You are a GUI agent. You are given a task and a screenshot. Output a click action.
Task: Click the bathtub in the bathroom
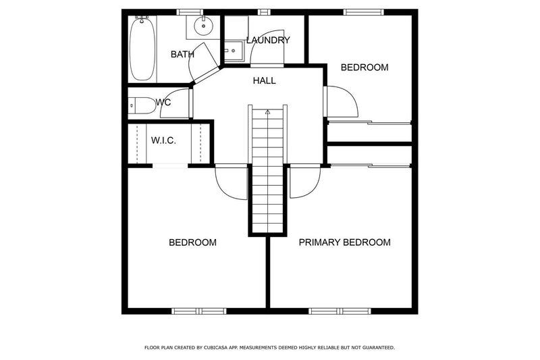pyautogui.click(x=142, y=48)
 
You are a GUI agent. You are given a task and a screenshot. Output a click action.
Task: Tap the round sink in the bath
pyautogui.click(x=204, y=26)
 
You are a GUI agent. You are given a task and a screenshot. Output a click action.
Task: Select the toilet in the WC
pyautogui.click(x=142, y=105)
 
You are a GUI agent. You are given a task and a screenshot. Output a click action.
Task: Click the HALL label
pyautogui.click(x=264, y=80)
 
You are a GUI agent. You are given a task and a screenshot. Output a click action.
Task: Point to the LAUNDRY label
pyautogui.click(x=268, y=41)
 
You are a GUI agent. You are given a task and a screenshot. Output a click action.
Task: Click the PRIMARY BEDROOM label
pyautogui.click(x=344, y=242)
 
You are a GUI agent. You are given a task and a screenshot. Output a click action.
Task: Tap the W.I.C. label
pyautogui.click(x=163, y=140)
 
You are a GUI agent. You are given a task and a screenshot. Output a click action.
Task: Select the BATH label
pyautogui.click(x=182, y=55)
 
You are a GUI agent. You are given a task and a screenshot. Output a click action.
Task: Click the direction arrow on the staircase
pyautogui.click(x=267, y=111)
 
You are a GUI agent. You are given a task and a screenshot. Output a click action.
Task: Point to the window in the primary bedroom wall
pyautogui.click(x=340, y=311)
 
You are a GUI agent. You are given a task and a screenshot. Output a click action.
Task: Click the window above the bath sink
pyautogui.click(x=190, y=12)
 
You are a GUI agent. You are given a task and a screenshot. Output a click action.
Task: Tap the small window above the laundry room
pyautogui.click(x=264, y=12)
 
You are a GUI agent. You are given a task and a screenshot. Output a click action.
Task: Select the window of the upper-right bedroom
pyautogui.click(x=364, y=12)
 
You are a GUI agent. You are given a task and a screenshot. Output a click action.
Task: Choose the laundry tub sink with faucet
pyautogui.click(x=234, y=51)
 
